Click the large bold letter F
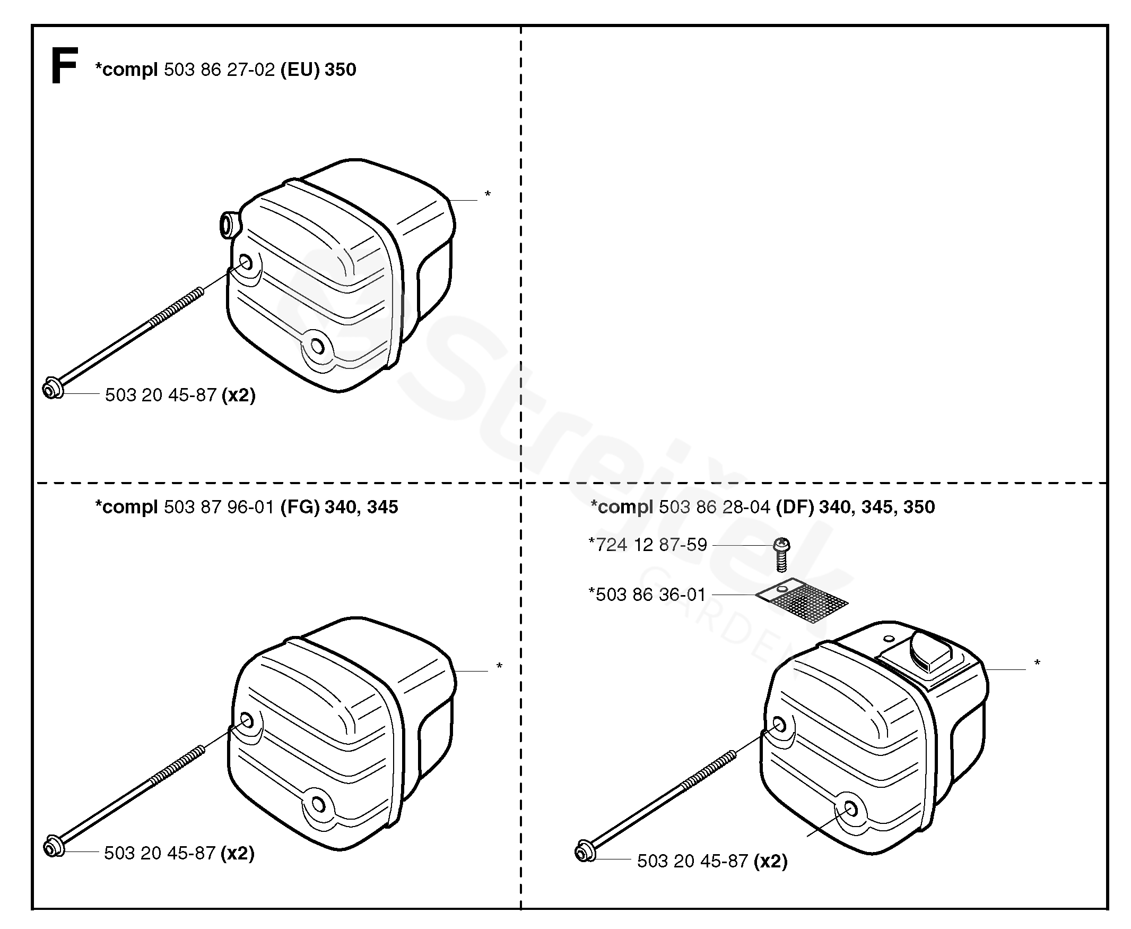(64, 65)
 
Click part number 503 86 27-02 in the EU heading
(219, 70)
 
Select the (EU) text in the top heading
(300, 70)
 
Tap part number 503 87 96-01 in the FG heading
(219, 507)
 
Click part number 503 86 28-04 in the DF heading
(715, 507)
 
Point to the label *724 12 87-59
(648, 545)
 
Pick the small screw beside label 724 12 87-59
(781, 554)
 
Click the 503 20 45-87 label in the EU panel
(160, 395)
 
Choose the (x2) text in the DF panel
(770, 861)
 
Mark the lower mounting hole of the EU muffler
(317, 347)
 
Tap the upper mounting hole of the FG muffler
(247, 720)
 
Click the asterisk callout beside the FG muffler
(499, 666)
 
